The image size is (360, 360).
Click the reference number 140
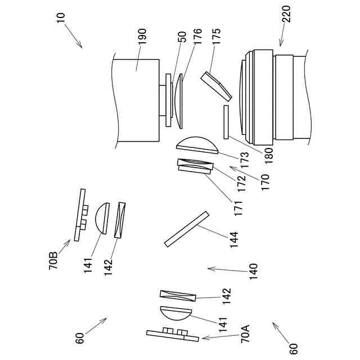coord(253,271)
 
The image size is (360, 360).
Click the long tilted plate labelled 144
coord(186,228)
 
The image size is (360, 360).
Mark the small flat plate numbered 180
coord(226,121)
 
